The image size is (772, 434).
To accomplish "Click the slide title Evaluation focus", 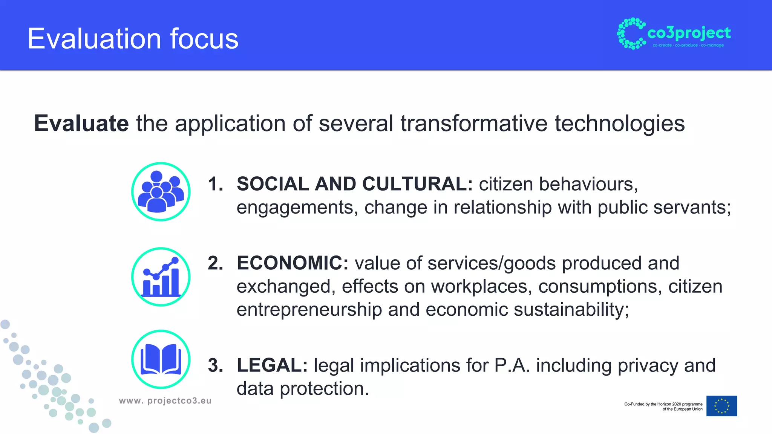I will pos(133,39).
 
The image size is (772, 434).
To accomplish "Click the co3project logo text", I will pos(689,33).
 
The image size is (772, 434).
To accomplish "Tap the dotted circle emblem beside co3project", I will pos(631,34).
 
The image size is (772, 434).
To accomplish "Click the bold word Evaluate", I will pos(81,123).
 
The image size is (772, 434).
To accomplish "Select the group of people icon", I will pos(161,191).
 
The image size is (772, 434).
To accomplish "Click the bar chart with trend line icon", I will pos(161,277).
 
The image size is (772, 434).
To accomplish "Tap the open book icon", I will pos(161,359).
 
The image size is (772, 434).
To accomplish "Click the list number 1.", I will pos(215,184).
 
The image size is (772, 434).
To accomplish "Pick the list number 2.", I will pos(215,263).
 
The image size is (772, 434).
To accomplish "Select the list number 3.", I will pos(215,365).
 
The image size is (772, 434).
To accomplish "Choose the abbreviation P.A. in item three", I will pos(512,365).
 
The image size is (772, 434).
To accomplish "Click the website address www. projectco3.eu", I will pos(165,401).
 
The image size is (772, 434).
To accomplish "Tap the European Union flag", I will pos(721,406).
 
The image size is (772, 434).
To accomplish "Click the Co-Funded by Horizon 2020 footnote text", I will pos(663,406).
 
